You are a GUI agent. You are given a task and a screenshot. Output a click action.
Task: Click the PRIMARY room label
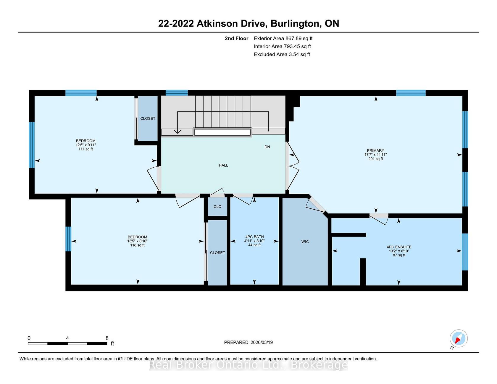[375, 150]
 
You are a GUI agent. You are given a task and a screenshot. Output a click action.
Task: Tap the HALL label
[223, 165]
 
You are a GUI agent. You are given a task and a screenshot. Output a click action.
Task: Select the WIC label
[305, 242]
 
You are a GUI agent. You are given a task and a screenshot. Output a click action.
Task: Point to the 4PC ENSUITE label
[399, 247]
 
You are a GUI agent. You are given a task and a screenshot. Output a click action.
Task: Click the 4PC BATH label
[254, 237]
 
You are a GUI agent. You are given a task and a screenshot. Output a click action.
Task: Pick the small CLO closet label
[217, 207]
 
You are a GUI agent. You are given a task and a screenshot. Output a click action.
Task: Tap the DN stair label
[267, 147]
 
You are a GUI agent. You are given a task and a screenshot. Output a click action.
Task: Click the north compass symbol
[458, 339]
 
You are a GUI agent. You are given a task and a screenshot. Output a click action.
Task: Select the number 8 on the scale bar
[107, 338]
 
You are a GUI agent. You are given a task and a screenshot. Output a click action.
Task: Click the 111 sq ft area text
[86, 149]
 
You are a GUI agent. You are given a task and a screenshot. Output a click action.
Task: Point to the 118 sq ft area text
[138, 245]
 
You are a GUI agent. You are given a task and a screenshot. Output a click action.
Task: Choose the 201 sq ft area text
[375, 159]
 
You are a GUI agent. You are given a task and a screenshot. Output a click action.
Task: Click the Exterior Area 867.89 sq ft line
[283, 38]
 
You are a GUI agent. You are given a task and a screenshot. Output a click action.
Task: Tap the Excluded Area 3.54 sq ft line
[282, 54]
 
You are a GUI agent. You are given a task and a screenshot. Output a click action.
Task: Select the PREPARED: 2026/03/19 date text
[248, 342]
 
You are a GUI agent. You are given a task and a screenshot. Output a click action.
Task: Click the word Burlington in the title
[296, 24]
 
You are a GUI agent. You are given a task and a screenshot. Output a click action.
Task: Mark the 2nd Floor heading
[236, 38]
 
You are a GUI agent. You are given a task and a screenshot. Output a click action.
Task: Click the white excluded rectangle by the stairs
[222, 132]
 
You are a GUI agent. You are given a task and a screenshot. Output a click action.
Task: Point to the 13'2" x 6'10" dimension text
[399, 251]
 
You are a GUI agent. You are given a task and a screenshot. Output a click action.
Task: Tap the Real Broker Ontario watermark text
[248, 365]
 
